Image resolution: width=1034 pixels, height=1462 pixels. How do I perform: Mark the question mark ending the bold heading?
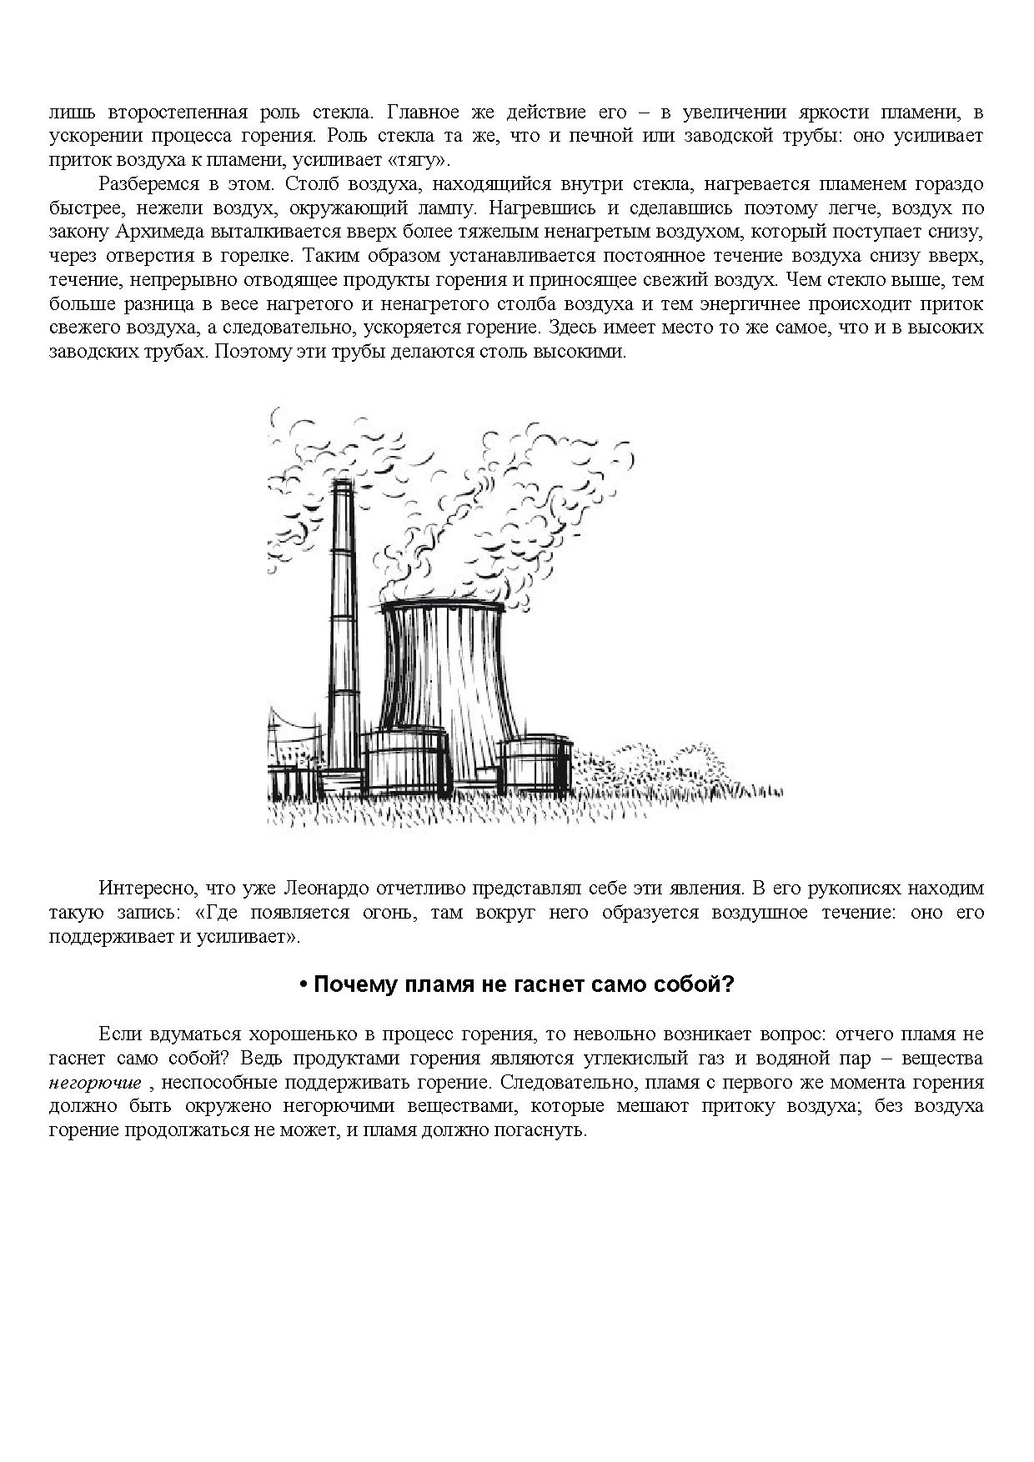coord(728,984)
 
